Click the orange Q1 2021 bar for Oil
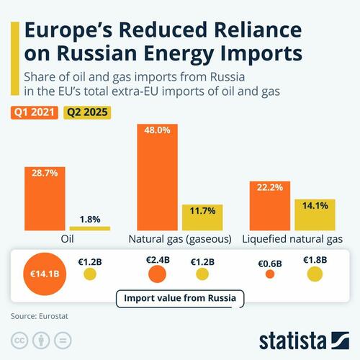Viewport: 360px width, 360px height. click(45, 198)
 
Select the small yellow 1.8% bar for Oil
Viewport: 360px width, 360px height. click(89, 228)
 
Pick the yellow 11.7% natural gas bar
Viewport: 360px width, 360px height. click(202, 217)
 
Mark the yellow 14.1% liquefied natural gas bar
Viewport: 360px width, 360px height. click(315, 215)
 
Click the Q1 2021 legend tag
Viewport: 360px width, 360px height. click(33, 112)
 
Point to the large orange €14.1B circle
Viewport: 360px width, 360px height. click(45, 274)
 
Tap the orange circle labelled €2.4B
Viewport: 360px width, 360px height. click(158, 274)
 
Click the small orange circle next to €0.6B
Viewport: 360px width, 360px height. click(270, 274)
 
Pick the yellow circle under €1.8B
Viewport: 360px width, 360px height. click(315, 274)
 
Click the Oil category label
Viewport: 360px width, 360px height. click(67, 238)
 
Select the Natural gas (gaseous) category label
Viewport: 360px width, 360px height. click(179, 238)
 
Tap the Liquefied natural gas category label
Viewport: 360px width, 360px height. click(292, 238)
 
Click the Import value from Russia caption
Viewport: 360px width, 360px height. click(180, 297)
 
